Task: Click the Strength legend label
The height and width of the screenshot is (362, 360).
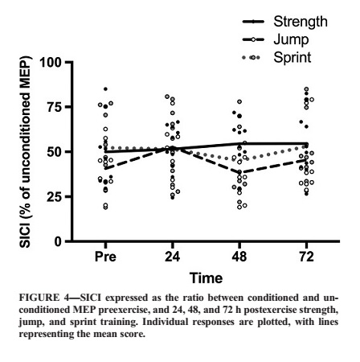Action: [x=301, y=22]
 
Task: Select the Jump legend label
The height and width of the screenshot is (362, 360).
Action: [x=291, y=40]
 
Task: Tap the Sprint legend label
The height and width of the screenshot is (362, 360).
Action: [x=292, y=57]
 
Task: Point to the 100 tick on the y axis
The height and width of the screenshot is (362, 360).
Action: [x=51, y=63]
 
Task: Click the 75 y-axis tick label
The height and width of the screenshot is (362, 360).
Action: [x=54, y=107]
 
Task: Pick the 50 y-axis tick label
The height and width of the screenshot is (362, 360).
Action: [x=54, y=152]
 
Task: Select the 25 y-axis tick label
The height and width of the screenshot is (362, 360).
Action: [x=54, y=196]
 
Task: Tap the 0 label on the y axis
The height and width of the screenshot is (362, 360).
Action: [x=58, y=241]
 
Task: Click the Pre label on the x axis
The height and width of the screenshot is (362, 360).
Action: [x=105, y=257]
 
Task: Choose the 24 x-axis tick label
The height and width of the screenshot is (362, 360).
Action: [x=172, y=257]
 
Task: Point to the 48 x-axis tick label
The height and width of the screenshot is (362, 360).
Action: [x=239, y=257]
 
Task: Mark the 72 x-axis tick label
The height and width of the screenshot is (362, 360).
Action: [x=306, y=257]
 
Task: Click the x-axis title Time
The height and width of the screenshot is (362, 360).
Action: [x=206, y=278]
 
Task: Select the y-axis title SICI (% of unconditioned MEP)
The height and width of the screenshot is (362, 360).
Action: [x=26, y=152]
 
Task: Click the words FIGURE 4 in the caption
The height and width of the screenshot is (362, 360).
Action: [x=46, y=298]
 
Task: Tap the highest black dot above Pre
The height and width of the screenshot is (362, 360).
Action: [x=105, y=89]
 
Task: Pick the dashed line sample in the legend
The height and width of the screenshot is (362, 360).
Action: [x=253, y=40]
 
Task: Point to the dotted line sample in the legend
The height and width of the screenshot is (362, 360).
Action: [x=251, y=57]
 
